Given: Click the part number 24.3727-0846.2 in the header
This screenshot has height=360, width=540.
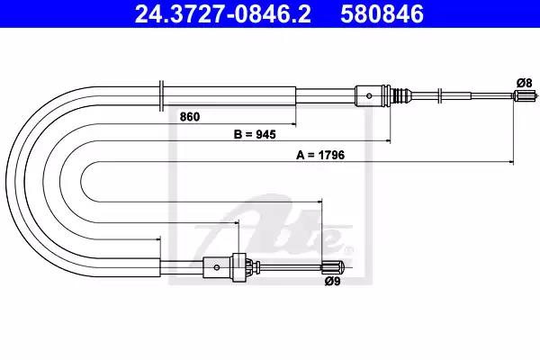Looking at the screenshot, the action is [223, 13].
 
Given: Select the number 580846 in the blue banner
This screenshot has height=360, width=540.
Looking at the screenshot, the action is [382, 13].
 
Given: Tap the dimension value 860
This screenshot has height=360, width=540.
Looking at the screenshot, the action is [190, 117].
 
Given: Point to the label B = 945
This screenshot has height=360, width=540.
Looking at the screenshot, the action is [255, 134].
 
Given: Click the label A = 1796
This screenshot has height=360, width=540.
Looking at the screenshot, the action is [320, 155].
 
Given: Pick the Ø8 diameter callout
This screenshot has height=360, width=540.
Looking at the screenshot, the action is [524, 83].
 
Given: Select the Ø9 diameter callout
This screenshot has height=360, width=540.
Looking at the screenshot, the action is [332, 282].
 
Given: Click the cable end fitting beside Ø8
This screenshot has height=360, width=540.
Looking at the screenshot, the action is [525, 95].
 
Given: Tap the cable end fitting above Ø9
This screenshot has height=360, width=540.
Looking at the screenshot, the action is [331, 267].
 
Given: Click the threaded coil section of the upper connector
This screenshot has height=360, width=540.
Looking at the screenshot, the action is [400, 95].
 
